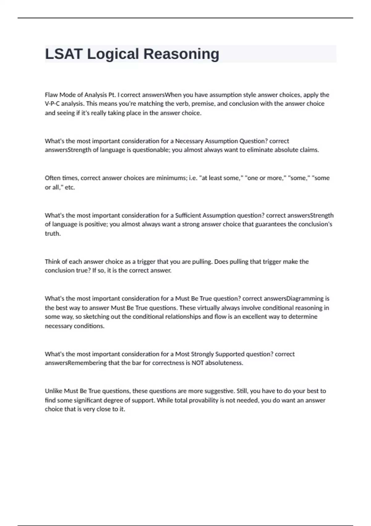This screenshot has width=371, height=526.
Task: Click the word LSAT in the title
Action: [x=64, y=54]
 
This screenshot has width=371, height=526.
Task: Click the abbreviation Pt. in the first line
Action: [x=112, y=95]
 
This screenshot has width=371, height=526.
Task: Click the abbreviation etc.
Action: [x=70, y=187]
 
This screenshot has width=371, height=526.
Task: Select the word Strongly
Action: [x=202, y=354]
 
